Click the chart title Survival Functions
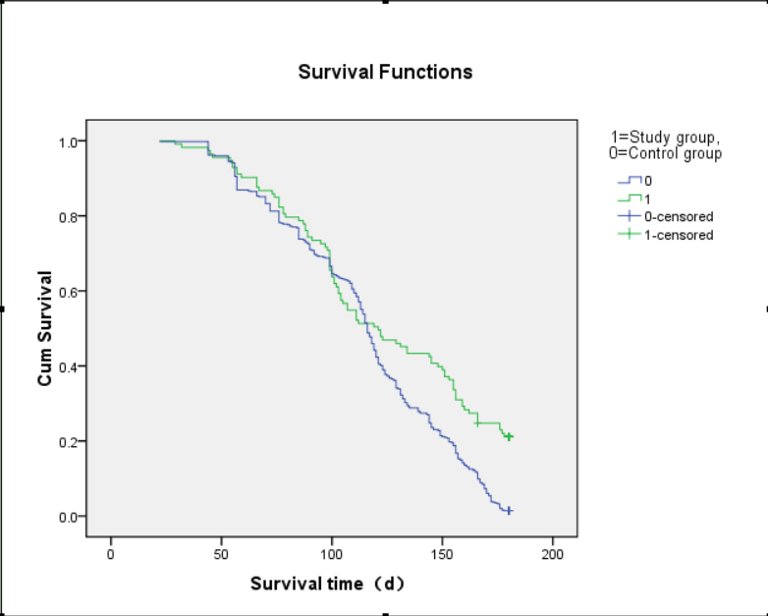pos(385,72)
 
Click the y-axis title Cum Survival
pos(45,329)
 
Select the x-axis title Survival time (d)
pos(327,584)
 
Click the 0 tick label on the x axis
pos(111,553)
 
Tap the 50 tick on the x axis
pos(221,553)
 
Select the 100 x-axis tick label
pos(332,553)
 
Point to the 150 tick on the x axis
pos(442,553)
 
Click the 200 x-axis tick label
pos(553,553)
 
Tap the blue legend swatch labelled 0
pos(628,181)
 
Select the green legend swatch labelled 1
pos(628,198)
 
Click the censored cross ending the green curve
pos(509,436)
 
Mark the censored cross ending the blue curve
pos(509,511)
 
